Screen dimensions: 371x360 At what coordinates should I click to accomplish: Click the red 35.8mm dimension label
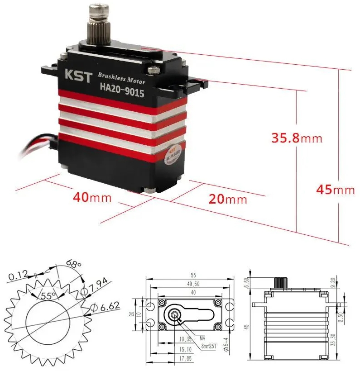tap(297, 138)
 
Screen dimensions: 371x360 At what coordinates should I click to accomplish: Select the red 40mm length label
tap(93, 198)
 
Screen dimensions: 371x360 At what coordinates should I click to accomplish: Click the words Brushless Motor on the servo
tap(121, 78)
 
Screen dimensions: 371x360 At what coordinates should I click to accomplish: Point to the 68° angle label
tap(73, 264)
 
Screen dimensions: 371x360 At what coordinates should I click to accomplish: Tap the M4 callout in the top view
tap(202, 337)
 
